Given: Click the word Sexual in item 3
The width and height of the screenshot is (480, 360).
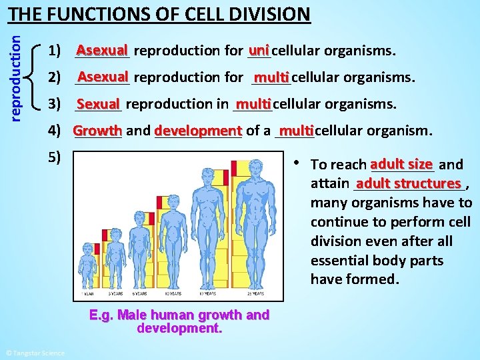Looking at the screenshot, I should (x=98, y=104).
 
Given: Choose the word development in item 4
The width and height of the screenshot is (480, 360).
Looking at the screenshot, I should (x=198, y=131).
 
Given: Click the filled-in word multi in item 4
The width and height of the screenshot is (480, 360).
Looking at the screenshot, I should (x=296, y=130).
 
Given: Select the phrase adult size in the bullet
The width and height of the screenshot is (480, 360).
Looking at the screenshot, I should (x=401, y=163).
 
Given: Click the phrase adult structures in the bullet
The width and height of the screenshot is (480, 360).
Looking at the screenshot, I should (x=409, y=183).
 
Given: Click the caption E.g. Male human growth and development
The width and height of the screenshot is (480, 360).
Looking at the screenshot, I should (x=179, y=321).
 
